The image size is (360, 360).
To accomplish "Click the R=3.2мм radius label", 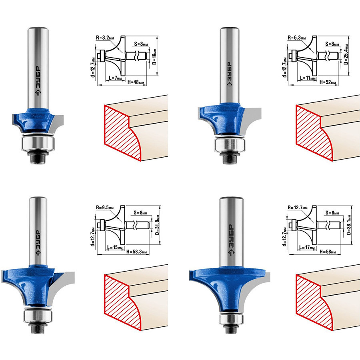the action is click(x=105, y=38).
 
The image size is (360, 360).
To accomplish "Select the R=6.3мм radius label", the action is click(x=297, y=38).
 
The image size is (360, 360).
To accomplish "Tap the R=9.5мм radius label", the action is click(x=105, y=208).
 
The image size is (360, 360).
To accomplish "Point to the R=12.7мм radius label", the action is click(x=298, y=208).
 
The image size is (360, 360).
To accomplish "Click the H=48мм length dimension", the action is click(x=136, y=82).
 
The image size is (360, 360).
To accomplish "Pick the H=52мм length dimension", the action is click(x=328, y=82).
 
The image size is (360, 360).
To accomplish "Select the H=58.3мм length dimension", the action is click(x=136, y=252).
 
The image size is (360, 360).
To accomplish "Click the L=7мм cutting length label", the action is click(x=115, y=78).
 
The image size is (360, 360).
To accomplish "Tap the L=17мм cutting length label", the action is click(x=308, y=248).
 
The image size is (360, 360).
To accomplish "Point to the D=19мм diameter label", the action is click(x=155, y=56).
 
